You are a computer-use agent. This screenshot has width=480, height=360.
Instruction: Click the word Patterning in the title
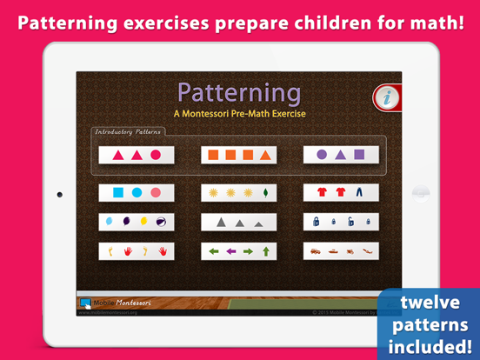point(239,92)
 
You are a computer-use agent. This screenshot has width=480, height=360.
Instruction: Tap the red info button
point(387,97)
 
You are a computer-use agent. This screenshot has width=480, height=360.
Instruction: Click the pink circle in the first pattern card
point(156,156)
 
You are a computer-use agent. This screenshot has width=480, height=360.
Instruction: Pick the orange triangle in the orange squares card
point(265,156)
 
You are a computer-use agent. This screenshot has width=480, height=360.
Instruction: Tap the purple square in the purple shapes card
point(359,156)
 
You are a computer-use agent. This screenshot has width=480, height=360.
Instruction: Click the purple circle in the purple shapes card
point(322,156)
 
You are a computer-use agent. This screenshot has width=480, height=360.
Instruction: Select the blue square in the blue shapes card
point(118,192)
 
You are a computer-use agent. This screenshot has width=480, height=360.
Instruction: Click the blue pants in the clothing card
point(360,192)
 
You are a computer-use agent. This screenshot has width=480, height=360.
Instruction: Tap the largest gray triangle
point(222,223)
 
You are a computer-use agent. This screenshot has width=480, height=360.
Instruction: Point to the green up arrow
point(266,252)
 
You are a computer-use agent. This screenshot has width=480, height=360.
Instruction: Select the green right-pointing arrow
point(248,252)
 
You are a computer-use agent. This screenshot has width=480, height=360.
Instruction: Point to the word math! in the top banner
point(432,21)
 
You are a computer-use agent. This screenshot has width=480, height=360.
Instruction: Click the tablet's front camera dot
point(59,194)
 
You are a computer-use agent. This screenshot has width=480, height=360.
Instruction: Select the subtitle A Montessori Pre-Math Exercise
point(239,113)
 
